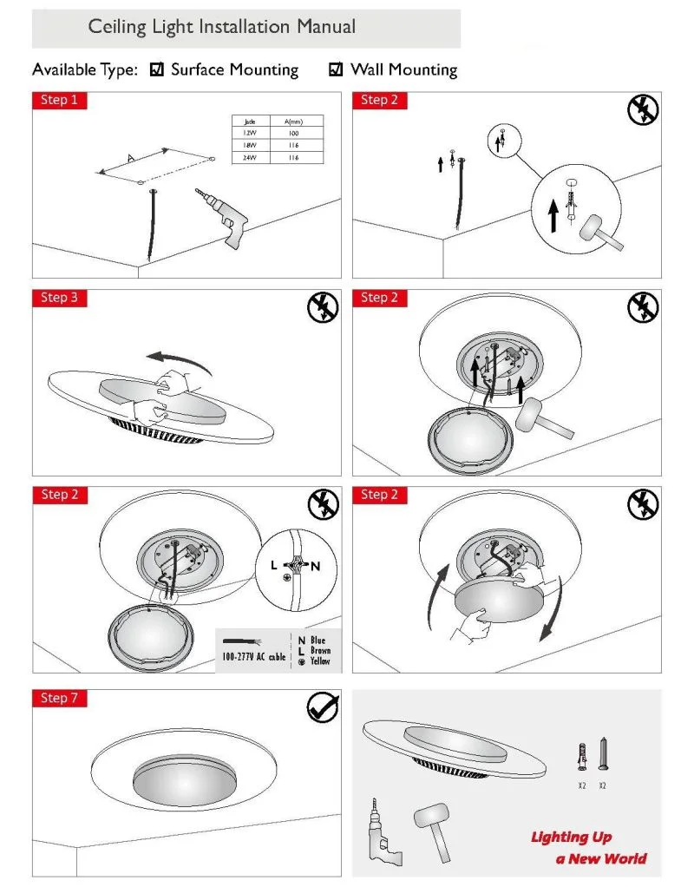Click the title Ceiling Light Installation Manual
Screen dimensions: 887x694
point(222,27)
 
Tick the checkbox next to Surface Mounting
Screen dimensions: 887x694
point(157,70)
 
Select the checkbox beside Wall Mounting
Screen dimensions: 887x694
point(337,70)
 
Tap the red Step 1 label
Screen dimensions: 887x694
point(59,101)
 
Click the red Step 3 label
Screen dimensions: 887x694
point(59,298)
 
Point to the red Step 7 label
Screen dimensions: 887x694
point(59,698)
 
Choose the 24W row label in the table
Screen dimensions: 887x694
point(250,157)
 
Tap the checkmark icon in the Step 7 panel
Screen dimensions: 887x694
point(323,707)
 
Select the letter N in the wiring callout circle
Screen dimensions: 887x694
point(316,566)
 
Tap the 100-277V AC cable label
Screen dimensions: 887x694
point(252,657)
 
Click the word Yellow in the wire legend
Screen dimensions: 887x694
point(320,661)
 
